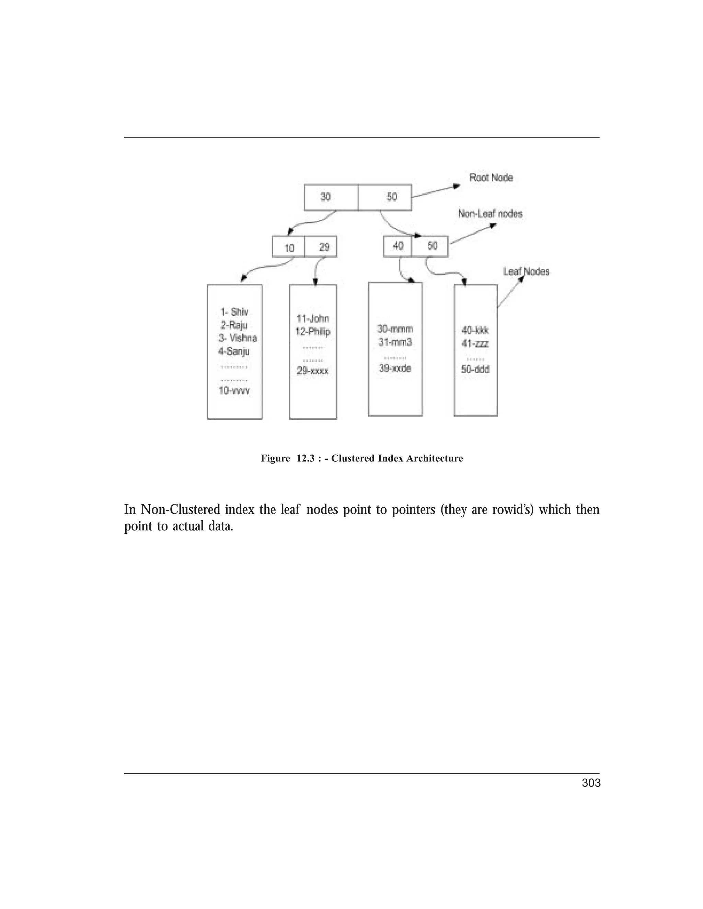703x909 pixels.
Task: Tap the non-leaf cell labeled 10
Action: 289,248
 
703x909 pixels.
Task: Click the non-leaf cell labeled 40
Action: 398,246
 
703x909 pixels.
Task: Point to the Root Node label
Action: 491,178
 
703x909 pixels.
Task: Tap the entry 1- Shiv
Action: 234,312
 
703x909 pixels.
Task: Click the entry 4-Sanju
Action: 234,351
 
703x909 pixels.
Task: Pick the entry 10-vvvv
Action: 234,390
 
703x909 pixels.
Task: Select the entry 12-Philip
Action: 313,332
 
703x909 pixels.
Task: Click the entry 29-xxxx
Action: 313,370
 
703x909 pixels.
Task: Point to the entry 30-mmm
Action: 395,329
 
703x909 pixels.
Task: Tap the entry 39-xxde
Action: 395,368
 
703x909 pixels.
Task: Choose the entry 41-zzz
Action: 475,343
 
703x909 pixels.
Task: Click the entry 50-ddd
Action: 475,369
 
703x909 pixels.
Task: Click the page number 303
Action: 591,783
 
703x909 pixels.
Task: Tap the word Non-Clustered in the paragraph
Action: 180,509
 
